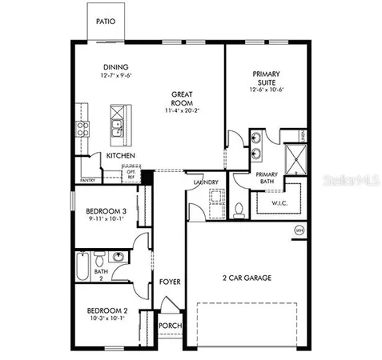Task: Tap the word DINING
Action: [117, 67]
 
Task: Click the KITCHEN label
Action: [120, 155]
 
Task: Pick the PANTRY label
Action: [87, 169]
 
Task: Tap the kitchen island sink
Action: [117, 124]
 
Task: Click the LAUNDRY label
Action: [206, 182]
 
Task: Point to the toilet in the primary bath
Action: [239, 210]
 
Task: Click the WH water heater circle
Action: [299, 230]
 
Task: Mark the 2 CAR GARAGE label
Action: [247, 278]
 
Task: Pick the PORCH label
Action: [169, 326]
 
